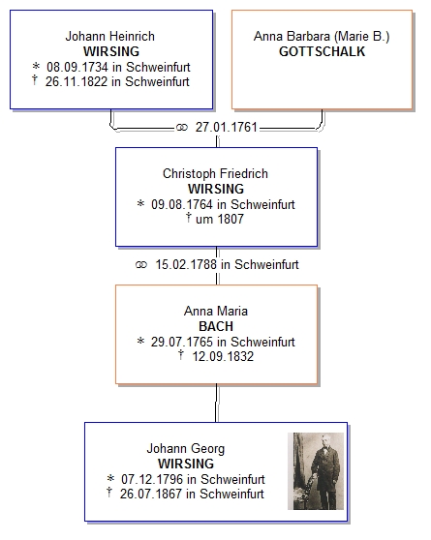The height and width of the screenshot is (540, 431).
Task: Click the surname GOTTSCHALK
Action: [x=322, y=51]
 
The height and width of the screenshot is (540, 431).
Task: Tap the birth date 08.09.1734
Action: [x=77, y=67]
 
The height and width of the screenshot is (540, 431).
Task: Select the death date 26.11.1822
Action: [x=77, y=81]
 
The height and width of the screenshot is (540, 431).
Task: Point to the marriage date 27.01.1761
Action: [x=227, y=128]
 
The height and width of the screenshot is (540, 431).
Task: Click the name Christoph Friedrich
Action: [x=215, y=173]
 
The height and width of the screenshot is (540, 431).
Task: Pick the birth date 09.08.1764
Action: [x=182, y=204]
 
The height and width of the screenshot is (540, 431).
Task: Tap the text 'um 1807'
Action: [x=220, y=219]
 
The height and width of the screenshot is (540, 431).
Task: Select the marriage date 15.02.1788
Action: [x=186, y=264]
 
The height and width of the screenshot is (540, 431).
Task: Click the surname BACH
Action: [x=216, y=326]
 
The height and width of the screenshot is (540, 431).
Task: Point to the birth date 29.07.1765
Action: [x=182, y=342]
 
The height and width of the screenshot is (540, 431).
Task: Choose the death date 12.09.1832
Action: [x=223, y=356]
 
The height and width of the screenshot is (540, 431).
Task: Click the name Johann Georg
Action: [x=186, y=449]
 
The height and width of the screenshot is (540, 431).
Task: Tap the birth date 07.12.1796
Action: [x=152, y=479]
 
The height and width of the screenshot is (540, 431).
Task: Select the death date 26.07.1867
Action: [x=151, y=494]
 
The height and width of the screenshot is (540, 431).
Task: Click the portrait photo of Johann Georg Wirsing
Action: [x=316, y=471]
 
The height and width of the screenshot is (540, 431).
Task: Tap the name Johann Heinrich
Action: [x=110, y=36]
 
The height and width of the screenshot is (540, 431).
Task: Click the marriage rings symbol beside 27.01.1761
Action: [x=182, y=128]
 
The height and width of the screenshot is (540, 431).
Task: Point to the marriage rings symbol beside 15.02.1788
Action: [x=141, y=265]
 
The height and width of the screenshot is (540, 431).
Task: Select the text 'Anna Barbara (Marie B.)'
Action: [x=322, y=36]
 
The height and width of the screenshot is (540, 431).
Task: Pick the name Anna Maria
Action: [x=216, y=311]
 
